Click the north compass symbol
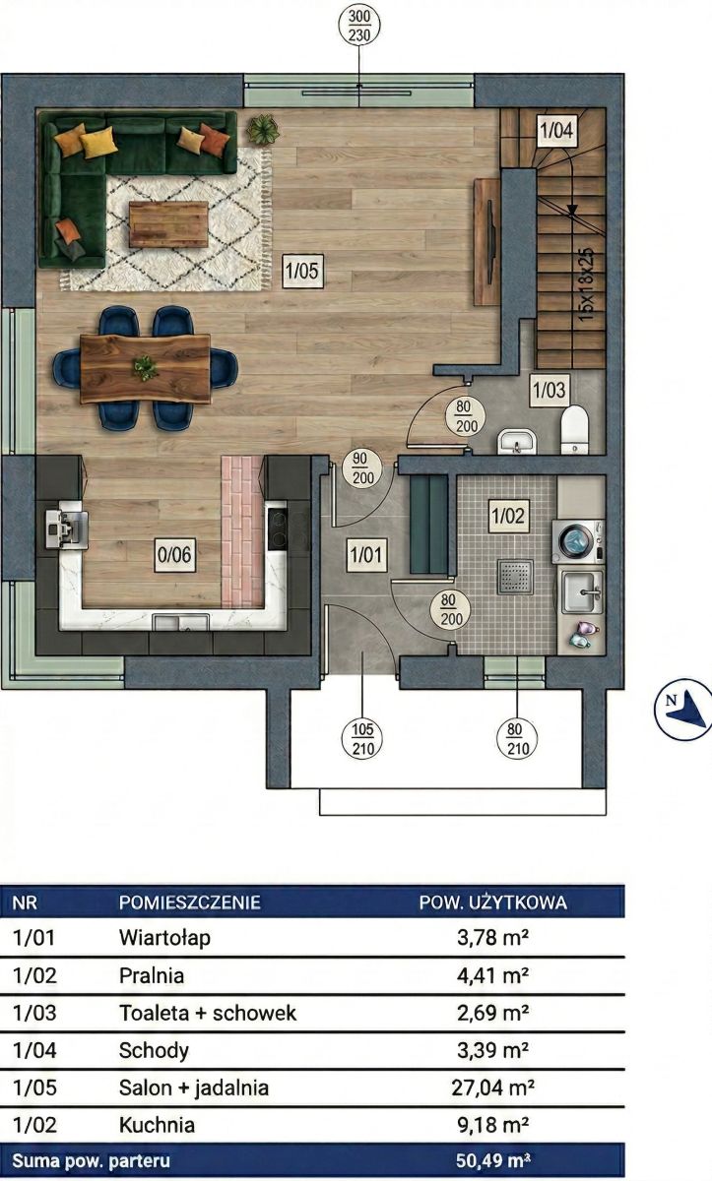(683, 710)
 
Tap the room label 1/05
(302, 271)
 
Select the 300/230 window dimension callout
(359, 26)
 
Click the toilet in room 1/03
(574, 429)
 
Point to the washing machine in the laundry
(578, 541)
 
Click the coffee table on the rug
(168, 224)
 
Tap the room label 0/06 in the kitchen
(174, 555)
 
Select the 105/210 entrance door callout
(362, 739)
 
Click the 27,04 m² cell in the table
(492, 1088)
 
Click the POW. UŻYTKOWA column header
(493, 902)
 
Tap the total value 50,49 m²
(492, 1160)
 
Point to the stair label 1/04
(556, 130)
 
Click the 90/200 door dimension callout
(362, 468)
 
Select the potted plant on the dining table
(145, 367)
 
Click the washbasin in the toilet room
(517, 442)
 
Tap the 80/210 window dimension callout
(517, 739)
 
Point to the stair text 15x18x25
(586, 284)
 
